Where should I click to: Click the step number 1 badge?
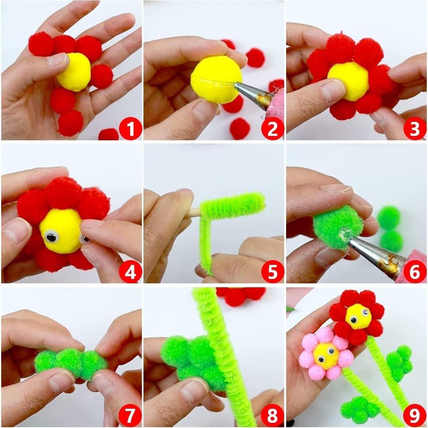click(x=130, y=128)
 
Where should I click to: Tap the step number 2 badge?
click(x=273, y=128)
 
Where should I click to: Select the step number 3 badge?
click(x=415, y=128)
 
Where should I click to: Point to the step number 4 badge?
click(x=130, y=271)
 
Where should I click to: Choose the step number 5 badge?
click(x=273, y=271)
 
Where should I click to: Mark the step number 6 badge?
click(x=415, y=271)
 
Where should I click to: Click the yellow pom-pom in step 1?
click(x=74, y=72)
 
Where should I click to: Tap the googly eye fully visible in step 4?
click(x=51, y=236)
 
